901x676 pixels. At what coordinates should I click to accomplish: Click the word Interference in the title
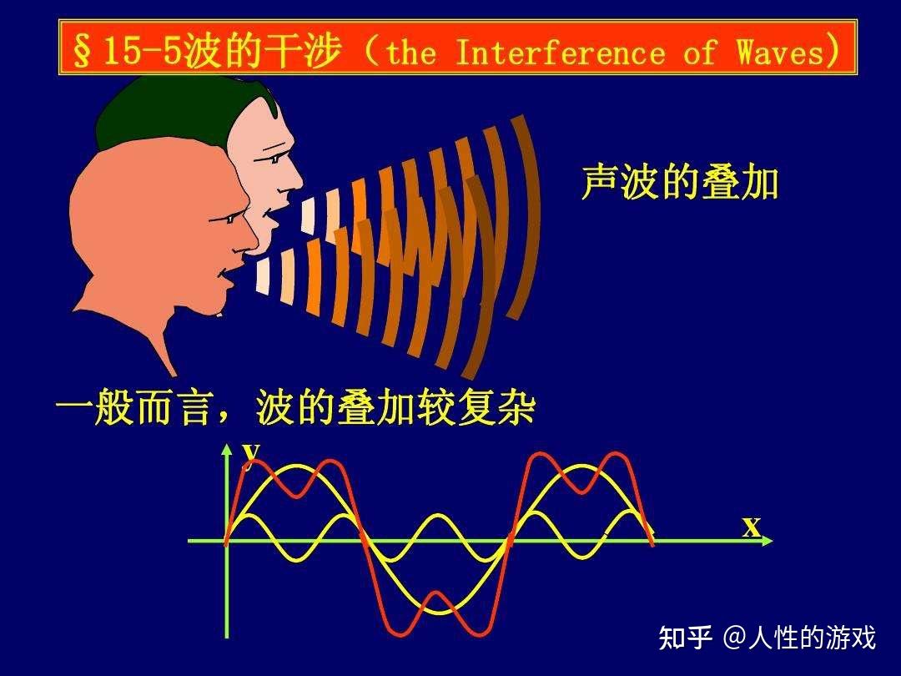(561, 53)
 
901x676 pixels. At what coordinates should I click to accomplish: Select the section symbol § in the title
(82, 53)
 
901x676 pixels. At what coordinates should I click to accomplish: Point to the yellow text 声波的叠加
(680, 183)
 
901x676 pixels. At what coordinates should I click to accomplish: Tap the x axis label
(751, 526)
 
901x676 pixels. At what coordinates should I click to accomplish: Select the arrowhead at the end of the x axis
(768, 540)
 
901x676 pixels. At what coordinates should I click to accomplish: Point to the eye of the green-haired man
(275, 159)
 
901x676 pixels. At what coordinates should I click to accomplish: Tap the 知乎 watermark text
(685, 638)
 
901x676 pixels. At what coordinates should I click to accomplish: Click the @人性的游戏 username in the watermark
(798, 638)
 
